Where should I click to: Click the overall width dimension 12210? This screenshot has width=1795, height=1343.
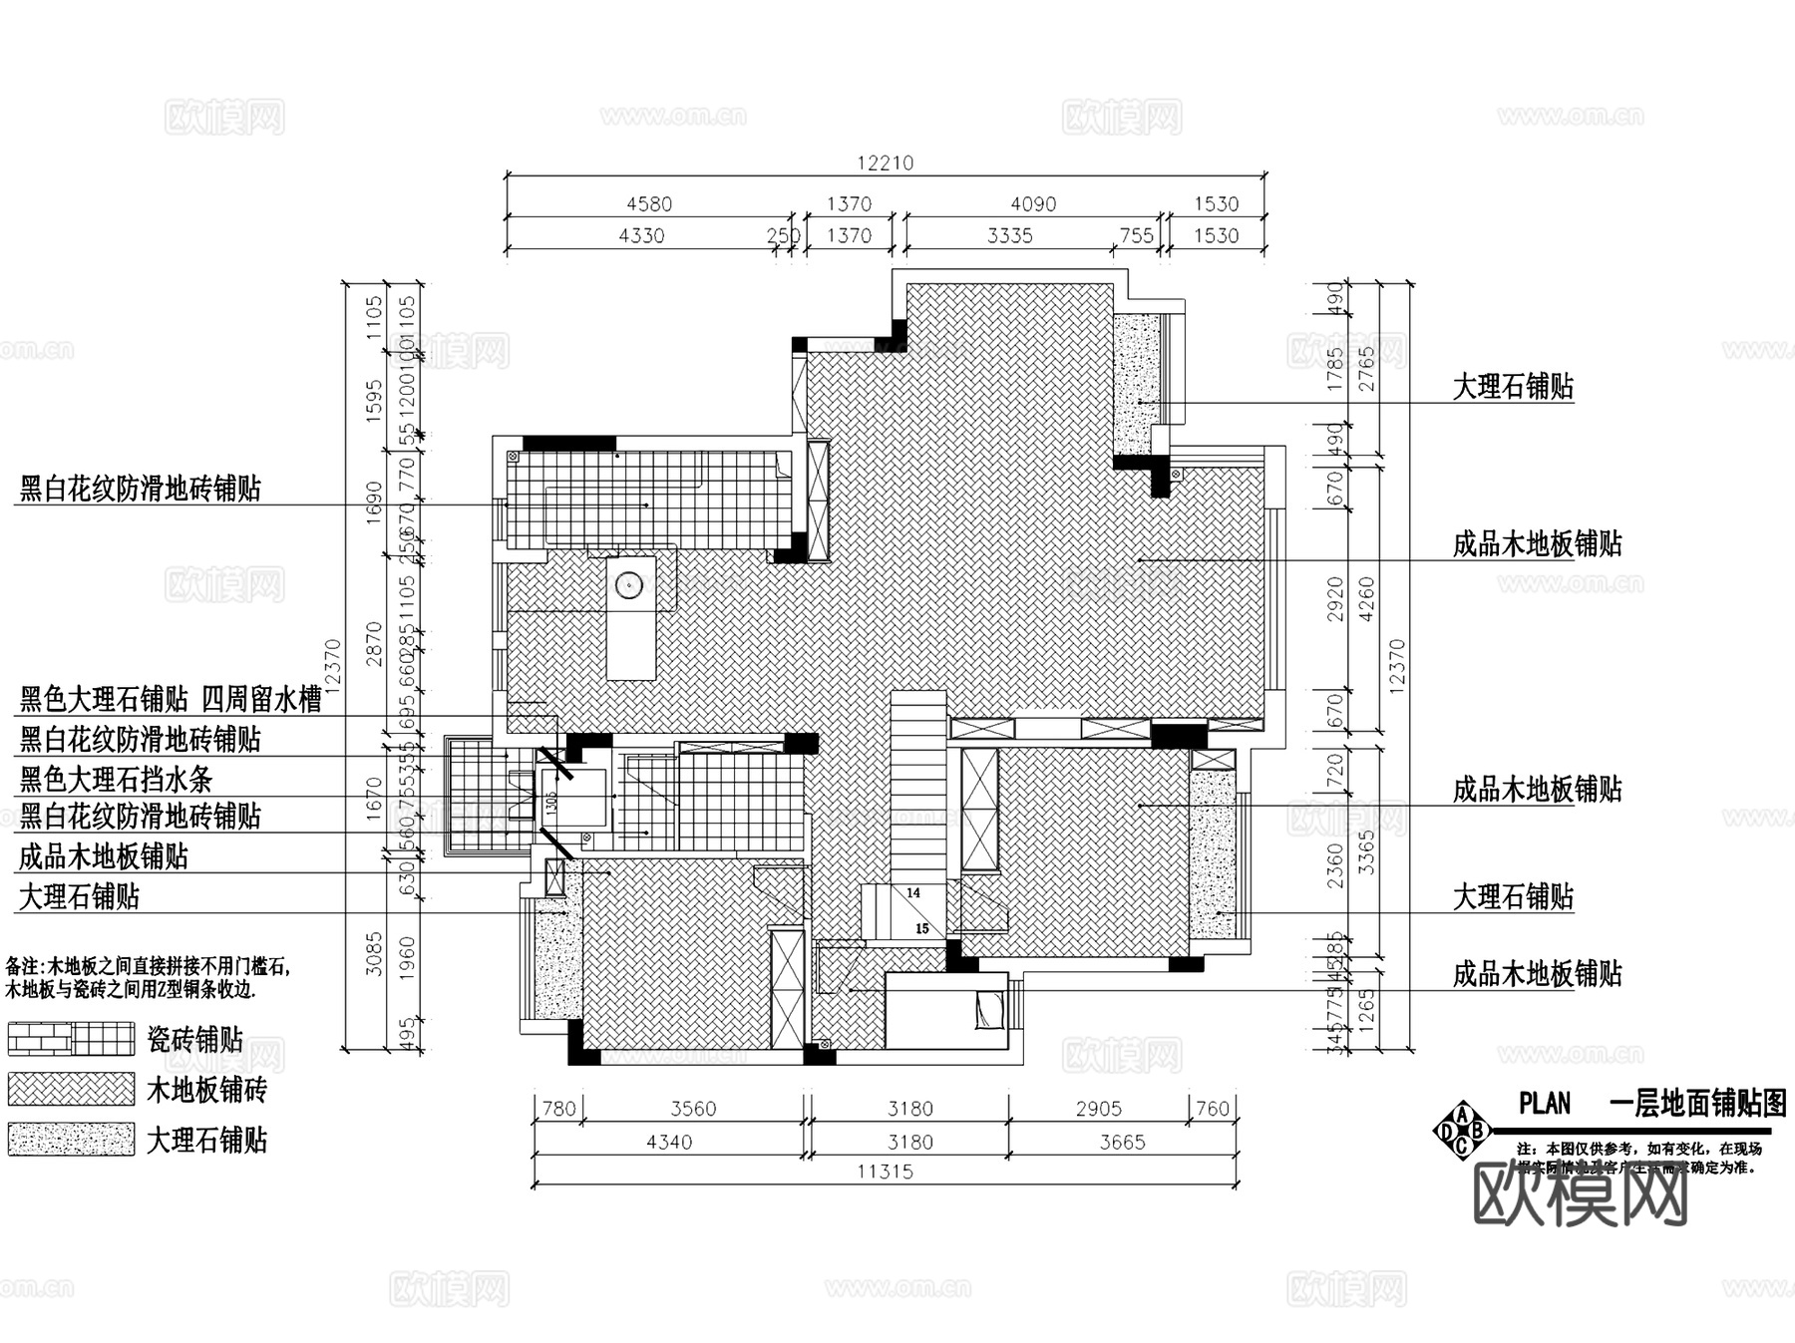pyautogui.click(x=885, y=163)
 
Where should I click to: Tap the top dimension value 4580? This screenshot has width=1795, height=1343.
pyautogui.click(x=648, y=203)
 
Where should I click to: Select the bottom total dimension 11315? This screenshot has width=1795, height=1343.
pyautogui.click(x=885, y=1172)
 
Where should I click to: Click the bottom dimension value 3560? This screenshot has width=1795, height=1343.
pyautogui.click(x=693, y=1109)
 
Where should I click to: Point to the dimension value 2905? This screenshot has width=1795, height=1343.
pyautogui.click(x=1098, y=1109)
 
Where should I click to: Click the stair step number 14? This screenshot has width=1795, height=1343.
pyautogui.click(x=913, y=893)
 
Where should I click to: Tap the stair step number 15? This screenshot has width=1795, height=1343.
pyautogui.click(x=922, y=928)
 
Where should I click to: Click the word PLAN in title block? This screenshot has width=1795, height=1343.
pyautogui.click(x=1545, y=1104)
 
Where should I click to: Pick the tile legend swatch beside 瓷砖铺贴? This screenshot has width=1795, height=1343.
pyautogui.click(x=71, y=1039)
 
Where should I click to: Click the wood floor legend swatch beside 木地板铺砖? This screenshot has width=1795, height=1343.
pyautogui.click(x=71, y=1089)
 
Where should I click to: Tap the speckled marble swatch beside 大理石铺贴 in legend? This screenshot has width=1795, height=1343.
pyautogui.click(x=71, y=1139)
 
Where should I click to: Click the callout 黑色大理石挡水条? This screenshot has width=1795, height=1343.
pyautogui.click(x=116, y=779)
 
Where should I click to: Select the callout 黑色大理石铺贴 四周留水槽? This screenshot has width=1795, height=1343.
pyautogui.click(x=171, y=699)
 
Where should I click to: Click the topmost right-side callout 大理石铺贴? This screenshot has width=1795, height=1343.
pyautogui.click(x=1513, y=387)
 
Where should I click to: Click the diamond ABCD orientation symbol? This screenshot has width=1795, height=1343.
pyautogui.click(x=1462, y=1130)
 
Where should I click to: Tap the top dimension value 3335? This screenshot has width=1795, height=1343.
pyautogui.click(x=1009, y=235)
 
